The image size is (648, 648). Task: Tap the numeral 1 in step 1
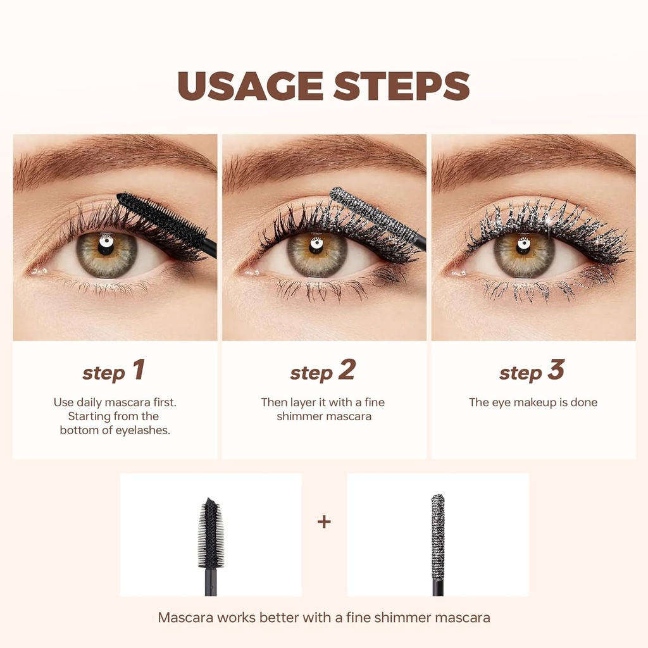pos(139,371)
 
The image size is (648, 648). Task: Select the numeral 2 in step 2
pos(347,371)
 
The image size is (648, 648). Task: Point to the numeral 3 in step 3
pos(556,371)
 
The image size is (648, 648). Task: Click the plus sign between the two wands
pos(324,522)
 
